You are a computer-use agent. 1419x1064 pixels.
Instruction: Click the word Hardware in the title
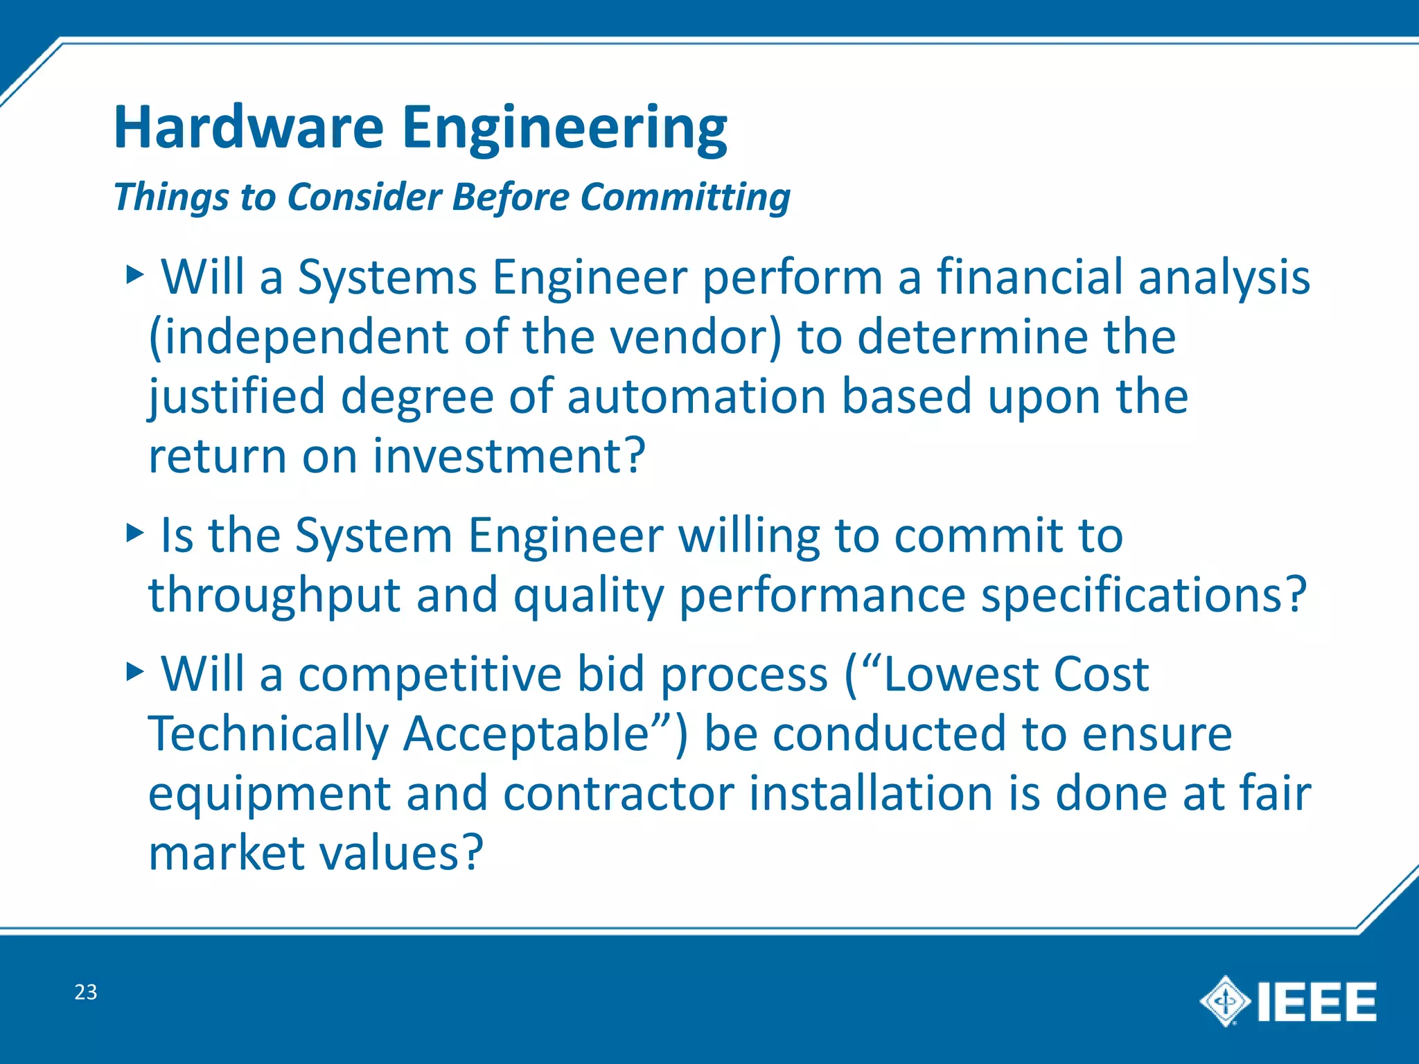(x=248, y=128)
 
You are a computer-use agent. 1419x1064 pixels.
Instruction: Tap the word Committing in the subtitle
(x=685, y=197)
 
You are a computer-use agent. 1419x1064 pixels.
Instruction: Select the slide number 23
(x=86, y=992)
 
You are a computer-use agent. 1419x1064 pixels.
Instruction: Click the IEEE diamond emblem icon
(x=1225, y=1001)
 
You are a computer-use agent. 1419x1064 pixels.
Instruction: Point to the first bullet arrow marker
(x=134, y=275)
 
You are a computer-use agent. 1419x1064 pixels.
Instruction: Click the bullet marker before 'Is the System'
(x=134, y=533)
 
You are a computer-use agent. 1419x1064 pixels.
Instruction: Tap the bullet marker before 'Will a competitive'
(x=134, y=671)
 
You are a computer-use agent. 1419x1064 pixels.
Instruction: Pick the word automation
(x=696, y=397)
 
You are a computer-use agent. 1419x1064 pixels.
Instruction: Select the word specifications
(x=1134, y=595)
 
